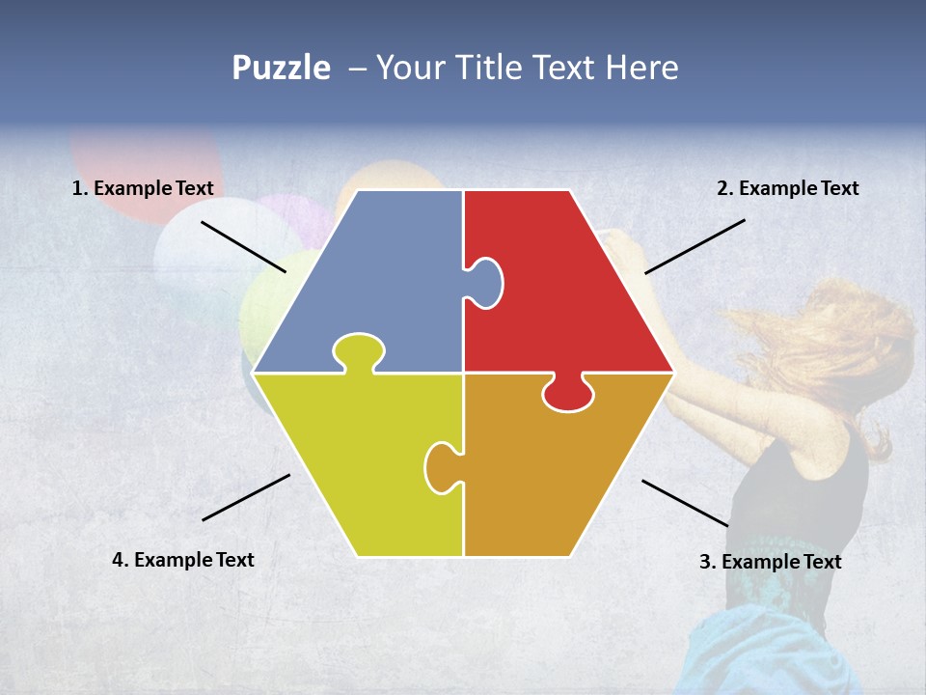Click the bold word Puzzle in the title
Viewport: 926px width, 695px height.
point(281,68)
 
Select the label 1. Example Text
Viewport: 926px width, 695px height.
point(143,189)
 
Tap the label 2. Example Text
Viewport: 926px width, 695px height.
point(787,189)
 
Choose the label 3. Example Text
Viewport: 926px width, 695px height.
point(770,562)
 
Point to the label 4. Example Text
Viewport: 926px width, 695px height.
point(183,560)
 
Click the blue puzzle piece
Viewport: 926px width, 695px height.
point(376,280)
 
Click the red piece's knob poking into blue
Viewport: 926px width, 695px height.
point(486,282)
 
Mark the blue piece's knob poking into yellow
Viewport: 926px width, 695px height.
point(359,351)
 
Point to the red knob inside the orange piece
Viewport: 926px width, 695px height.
point(568,393)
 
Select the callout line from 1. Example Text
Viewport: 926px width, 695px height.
point(243,247)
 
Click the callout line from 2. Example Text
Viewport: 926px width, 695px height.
point(694,246)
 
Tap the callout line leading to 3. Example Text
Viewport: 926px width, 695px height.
point(685,503)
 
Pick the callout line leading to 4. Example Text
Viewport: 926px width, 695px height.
point(246,497)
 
